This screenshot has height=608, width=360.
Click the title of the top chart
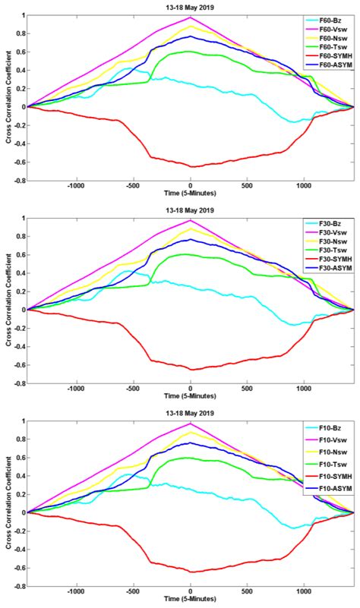click(x=191, y=7)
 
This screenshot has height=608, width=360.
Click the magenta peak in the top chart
click(x=191, y=17)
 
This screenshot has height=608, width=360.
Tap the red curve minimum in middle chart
click(x=191, y=370)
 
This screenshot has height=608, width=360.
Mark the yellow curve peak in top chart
click(x=191, y=27)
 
